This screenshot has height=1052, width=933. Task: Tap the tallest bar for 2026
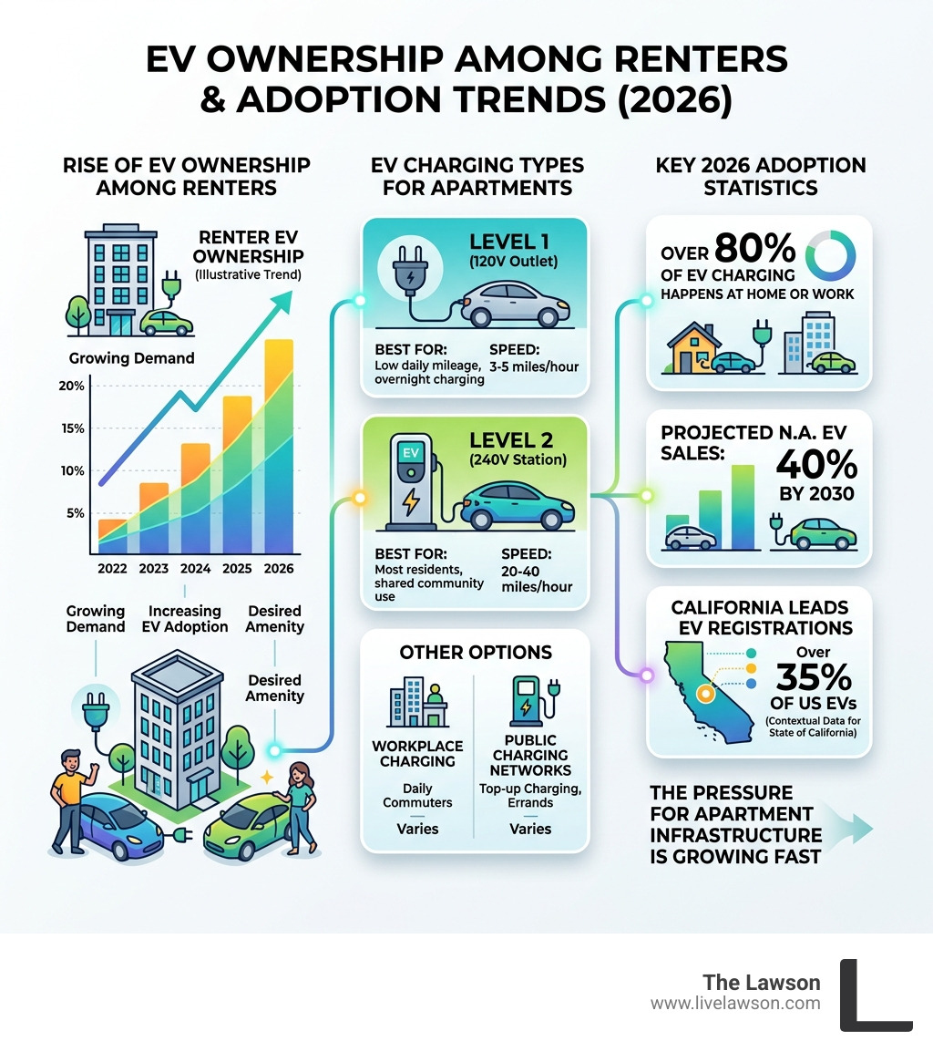click(x=278, y=447)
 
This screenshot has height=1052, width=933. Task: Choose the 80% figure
click(x=755, y=247)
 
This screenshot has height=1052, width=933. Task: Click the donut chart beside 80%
click(x=833, y=255)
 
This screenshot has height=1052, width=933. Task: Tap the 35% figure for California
click(x=814, y=678)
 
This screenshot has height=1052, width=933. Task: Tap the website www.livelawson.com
click(x=735, y=1003)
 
